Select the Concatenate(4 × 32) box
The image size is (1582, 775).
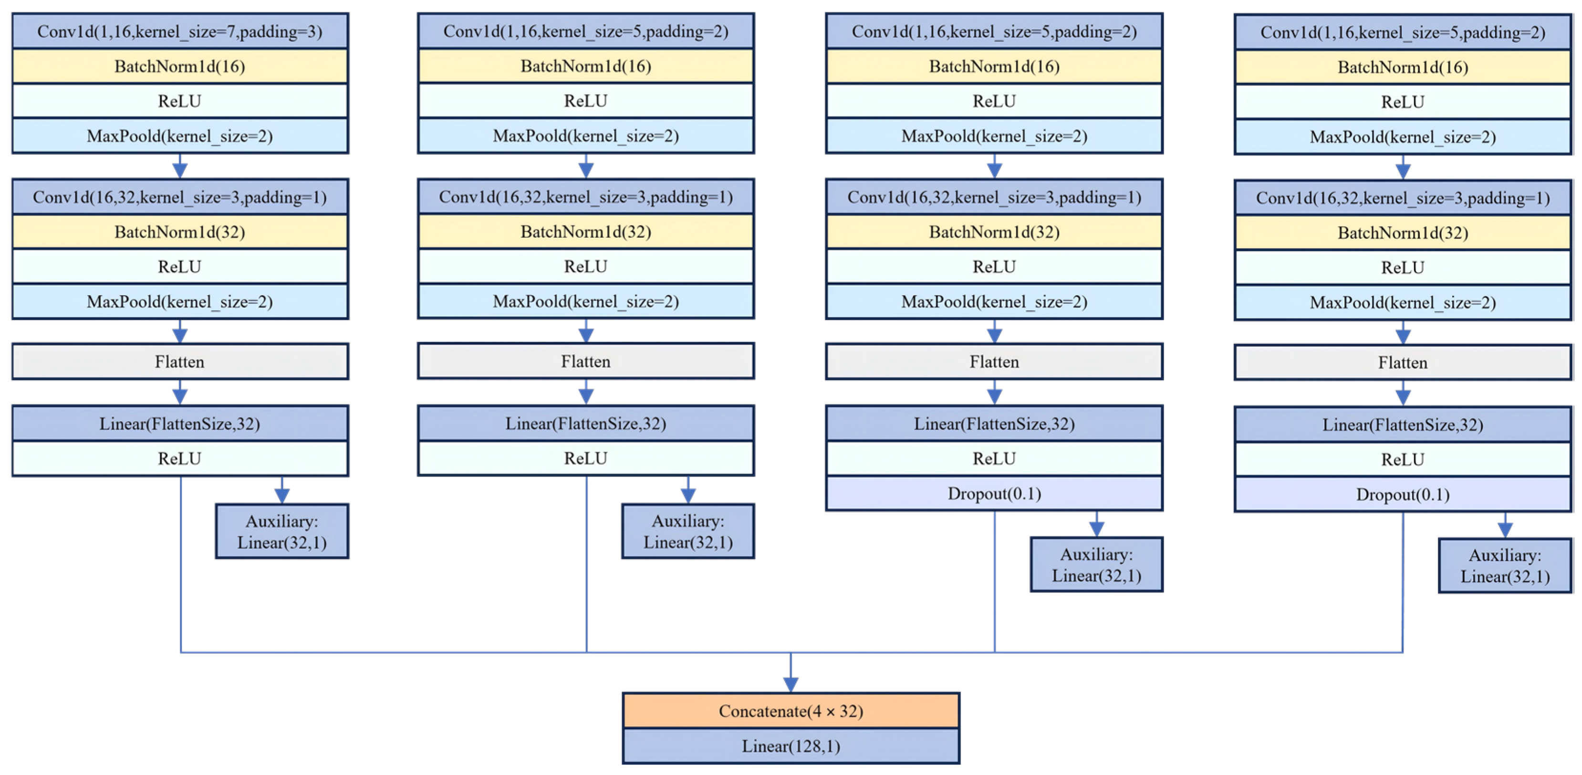791,711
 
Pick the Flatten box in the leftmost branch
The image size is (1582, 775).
180,361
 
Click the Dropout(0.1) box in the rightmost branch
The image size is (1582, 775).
1403,494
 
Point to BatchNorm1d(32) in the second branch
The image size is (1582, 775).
586,232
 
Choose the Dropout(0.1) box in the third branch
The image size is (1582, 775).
994,494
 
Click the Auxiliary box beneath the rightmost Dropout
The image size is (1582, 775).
1505,565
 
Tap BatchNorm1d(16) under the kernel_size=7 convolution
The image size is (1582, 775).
180,66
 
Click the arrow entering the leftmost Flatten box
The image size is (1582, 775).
180,331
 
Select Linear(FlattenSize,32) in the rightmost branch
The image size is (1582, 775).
1403,425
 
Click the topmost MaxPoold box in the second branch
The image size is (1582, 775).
586,136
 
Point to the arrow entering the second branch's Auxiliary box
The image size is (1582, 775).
688,490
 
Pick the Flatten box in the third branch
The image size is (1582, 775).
994,361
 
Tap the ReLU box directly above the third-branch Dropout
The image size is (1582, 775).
994,458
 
